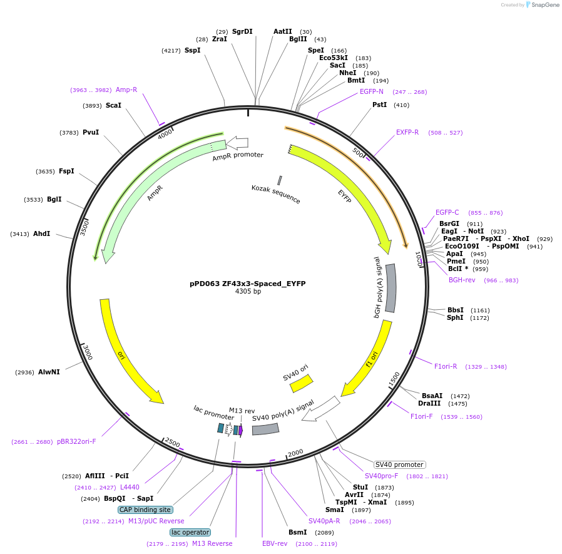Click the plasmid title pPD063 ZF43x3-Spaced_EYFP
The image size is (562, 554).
(x=247, y=283)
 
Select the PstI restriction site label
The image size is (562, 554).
(x=379, y=105)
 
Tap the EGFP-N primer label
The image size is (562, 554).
(x=372, y=91)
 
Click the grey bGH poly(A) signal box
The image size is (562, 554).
(x=391, y=288)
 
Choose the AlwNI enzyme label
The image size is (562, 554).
(x=49, y=372)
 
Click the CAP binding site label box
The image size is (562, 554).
(x=145, y=510)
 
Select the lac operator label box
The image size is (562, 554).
(x=190, y=532)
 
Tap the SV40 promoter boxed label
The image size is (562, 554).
(x=399, y=464)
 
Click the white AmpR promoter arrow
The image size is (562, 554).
(x=237, y=143)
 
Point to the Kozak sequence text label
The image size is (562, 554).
(x=276, y=194)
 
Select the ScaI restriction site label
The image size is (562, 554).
(x=113, y=105)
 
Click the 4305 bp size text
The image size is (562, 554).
(x=248, y=292)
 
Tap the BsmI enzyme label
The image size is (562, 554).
(x=297, y=532)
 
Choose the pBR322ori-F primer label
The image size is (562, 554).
(x=76, y=441)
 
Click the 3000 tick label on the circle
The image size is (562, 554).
(x=88, y=353)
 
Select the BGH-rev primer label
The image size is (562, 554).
(x=462, y=280)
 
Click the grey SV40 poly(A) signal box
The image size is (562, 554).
(x=265, y=429)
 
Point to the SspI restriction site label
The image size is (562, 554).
(x=192, y=50)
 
